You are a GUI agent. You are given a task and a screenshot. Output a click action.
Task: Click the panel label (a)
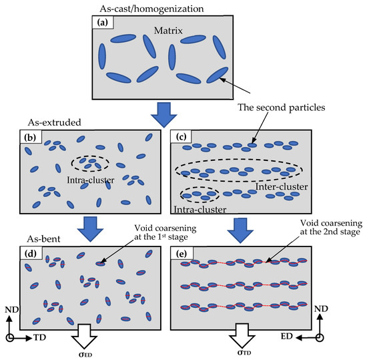point(103,23)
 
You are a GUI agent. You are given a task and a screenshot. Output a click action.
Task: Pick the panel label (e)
point(180,253)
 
